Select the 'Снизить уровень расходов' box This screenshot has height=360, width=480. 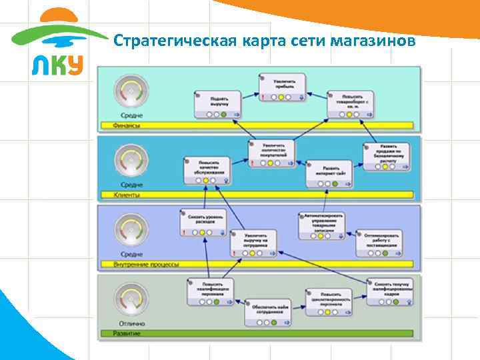205,221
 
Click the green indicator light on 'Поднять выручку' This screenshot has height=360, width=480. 224,114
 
